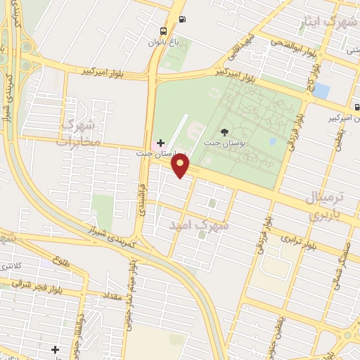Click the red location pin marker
point(181,166)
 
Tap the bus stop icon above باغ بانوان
point(164,31)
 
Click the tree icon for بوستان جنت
point(224,131)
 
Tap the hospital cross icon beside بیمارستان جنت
point(160,143)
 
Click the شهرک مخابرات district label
point(81,132)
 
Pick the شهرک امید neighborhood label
point(200,226)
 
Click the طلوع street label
point(60,262)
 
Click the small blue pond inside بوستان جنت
point(273,141)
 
